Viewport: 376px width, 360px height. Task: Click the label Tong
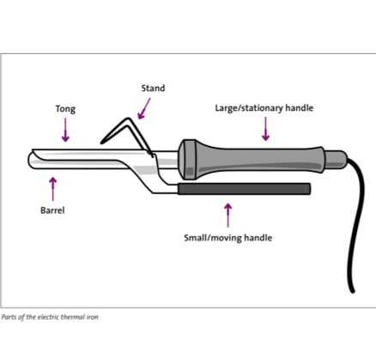point(65,109)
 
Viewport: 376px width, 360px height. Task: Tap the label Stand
point(153,88)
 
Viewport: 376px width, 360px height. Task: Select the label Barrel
point(52,211)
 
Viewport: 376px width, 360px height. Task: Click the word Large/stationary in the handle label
point(249,108)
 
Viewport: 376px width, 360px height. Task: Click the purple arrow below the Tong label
point(65,130)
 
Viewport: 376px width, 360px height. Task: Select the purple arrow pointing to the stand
point(144,108)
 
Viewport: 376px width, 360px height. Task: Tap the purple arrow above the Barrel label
point(53,189)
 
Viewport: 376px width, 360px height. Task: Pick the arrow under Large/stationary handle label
point(265,129)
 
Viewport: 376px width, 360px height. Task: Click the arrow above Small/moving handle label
point(228,216)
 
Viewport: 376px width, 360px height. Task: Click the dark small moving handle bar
point(244,189)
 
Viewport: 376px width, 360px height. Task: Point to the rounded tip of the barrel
point(29,161)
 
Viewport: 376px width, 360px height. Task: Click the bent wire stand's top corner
point(128,119)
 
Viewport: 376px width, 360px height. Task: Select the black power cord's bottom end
point(353,291)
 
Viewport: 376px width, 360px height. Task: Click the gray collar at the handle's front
point(187,160)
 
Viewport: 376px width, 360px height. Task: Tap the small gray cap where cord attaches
point(336,160)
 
